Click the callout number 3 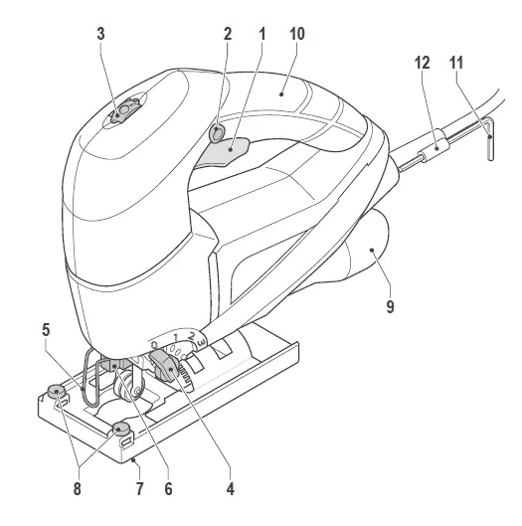coord(101,34)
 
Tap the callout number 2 coord(228,34)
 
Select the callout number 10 coord(297,34)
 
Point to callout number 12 coord(422,63)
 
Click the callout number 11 coord(456,63)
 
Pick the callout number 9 coord(390,306)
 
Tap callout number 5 coord(46,330)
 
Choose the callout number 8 coord(78,489)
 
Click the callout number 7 coord(140,489)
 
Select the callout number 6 coord(168,489)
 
